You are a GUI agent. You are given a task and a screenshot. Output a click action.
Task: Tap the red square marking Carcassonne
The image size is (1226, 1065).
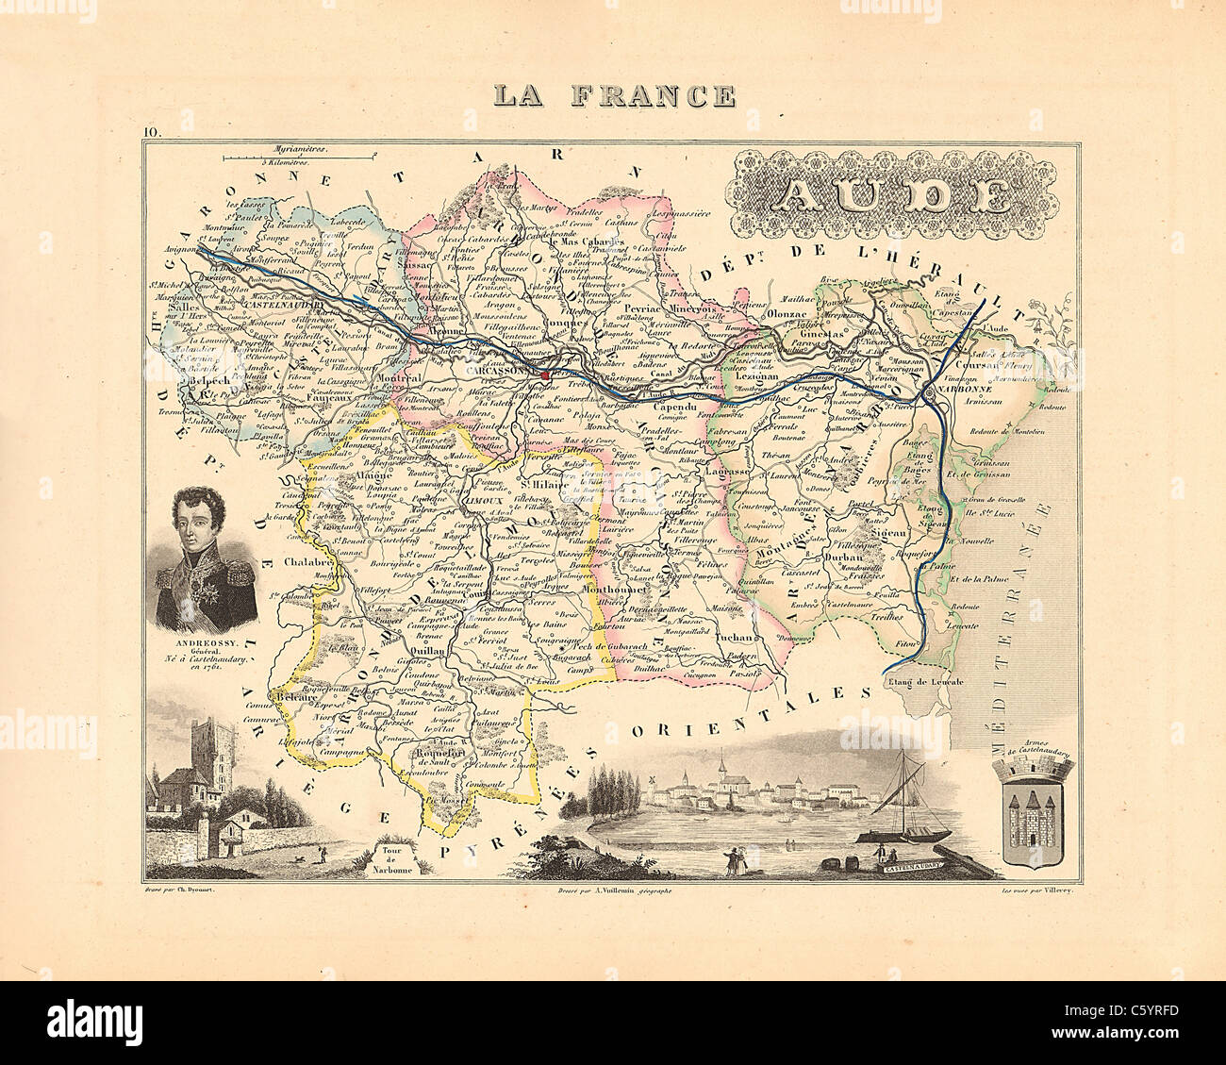(546, 374)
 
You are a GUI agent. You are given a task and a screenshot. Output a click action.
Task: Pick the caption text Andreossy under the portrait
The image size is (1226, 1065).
(190, 638)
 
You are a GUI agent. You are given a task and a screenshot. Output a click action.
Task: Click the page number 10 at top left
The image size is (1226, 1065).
(154, 131)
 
